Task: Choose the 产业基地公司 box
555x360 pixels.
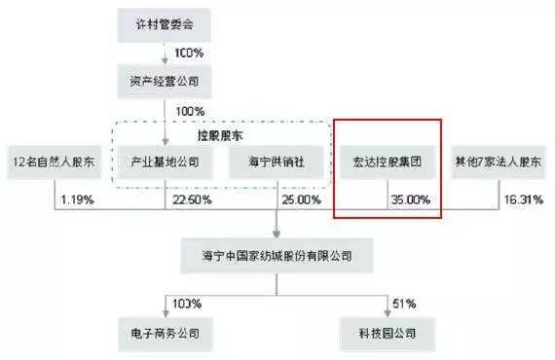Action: point(165,161)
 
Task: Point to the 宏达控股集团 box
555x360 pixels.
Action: point(387,161)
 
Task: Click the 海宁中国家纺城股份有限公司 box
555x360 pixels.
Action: point(277,256)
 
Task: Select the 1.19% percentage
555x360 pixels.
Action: point(74,200)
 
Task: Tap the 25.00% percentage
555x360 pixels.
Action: point(299,200)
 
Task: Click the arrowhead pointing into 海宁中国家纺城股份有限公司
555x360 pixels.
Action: point(277,234)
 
